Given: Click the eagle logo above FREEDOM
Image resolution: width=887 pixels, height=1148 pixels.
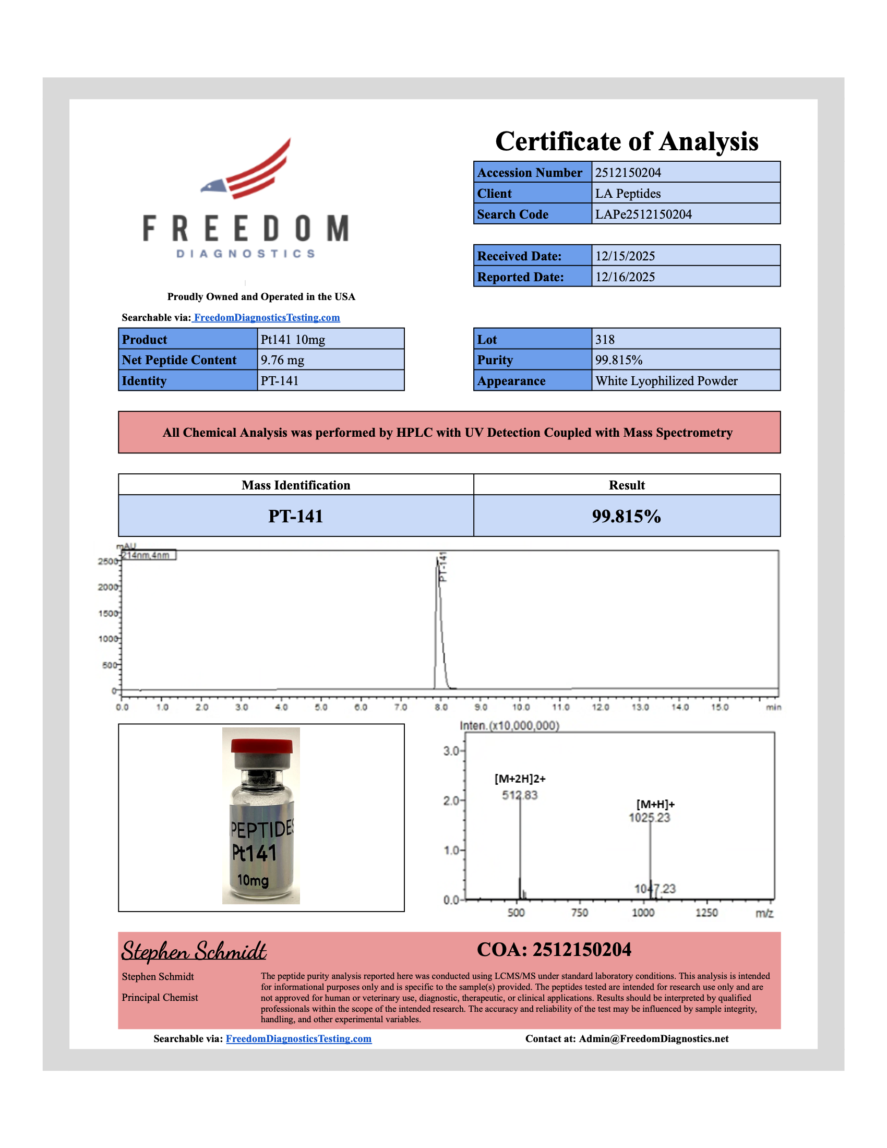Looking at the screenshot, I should pos(246,169).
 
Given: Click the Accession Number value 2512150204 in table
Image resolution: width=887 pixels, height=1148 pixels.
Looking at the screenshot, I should pos(627,172).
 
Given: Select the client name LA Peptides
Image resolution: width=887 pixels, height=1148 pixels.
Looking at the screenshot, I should pos(627,194).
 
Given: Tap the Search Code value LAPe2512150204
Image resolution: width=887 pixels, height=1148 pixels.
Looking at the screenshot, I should pos(643,214).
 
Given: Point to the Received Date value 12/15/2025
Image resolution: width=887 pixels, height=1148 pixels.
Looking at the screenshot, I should pos(625,256).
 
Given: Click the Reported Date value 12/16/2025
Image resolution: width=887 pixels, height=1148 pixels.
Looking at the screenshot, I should pos(625,277).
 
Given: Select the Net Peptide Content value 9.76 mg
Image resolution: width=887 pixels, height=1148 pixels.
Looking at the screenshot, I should pos(282,360).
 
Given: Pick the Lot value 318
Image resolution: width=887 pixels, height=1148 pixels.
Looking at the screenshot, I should pos(604,340).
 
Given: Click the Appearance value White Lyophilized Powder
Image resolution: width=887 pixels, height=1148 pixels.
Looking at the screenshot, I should pos(666,381).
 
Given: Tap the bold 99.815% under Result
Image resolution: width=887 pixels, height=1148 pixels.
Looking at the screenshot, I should pos(626,516).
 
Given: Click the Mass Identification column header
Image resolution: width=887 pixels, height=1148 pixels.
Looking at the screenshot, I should pos(295,485).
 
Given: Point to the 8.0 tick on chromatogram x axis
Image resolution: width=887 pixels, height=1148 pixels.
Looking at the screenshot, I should pos(441,708).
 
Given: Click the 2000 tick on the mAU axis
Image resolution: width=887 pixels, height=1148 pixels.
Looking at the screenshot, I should pos(107,587).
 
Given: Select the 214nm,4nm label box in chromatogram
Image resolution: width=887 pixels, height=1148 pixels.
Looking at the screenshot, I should pos(148,556).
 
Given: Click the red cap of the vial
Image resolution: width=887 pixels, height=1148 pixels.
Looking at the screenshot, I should pos(261,746).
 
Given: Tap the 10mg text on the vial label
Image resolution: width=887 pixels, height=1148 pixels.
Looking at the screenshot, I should pos(253,880).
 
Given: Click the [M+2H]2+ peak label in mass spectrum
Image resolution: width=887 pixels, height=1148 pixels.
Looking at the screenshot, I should pos(520,779).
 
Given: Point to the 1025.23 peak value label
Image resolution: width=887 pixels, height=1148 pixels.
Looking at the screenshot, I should pos(649,818).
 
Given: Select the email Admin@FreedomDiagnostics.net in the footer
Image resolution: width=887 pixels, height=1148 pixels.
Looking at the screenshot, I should pos(653,1038).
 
